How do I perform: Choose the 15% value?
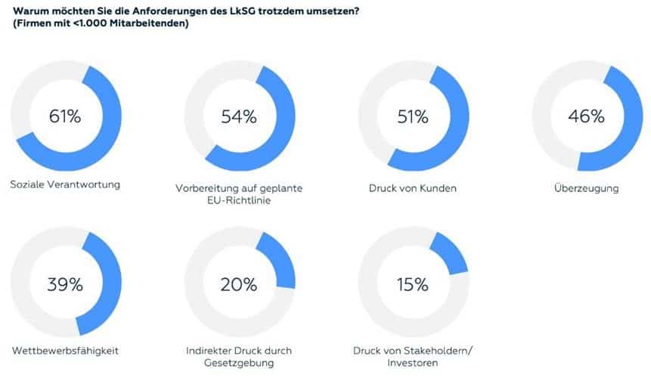pyautogui.click(x=413, y=285)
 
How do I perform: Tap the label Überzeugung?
pyautogui.click(x=587, y=187)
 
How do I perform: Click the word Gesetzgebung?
pyautogui.click(x=239, y=364)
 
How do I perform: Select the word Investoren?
pyautogui.click(x=413, y=364)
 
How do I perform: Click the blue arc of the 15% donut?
pyautogui.click(x=452, y=252)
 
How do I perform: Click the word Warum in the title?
pyautogui.click(x=27, y=10)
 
